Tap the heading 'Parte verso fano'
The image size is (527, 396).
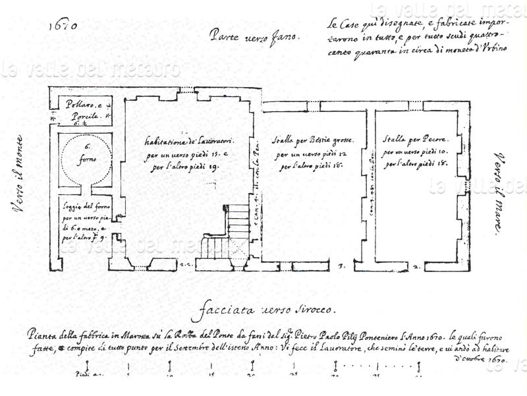[x=254, y=36]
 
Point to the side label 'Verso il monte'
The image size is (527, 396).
[x=19, y=175]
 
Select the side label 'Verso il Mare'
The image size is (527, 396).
[x=502, y=191]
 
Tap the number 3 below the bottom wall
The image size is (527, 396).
[x=341, y=266]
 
